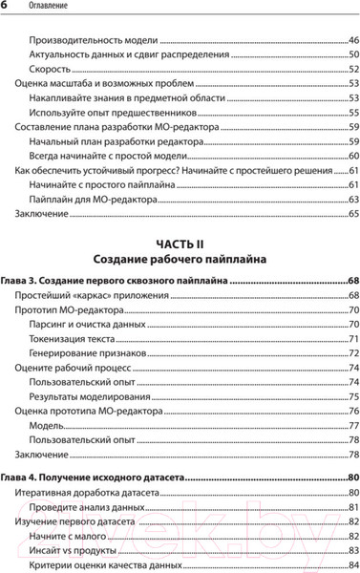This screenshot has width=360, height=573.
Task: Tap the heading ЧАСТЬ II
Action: [x=180, y=244]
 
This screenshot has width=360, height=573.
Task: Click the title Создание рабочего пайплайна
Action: [x=180, y=259]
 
